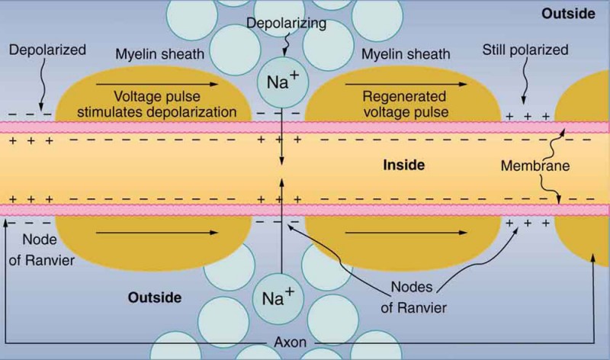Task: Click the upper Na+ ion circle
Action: click(x=282, y=81)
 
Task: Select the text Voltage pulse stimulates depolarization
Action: click(x=171, y=105)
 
